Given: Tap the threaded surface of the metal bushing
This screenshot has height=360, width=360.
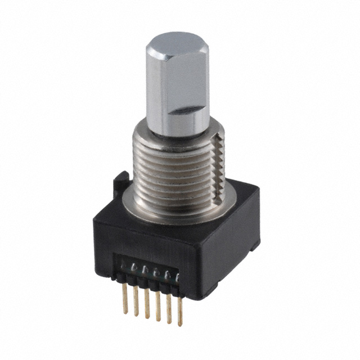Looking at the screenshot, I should tap(169, 169).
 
